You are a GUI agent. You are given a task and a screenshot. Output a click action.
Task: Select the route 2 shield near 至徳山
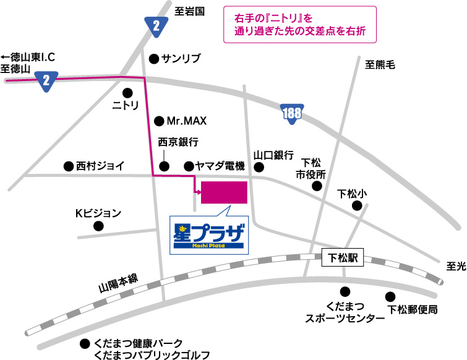[x=46, y=80]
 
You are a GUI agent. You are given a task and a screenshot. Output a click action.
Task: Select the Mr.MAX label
[x=186, y=121]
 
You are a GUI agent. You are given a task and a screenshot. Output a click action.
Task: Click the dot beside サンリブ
[x=153, y=59]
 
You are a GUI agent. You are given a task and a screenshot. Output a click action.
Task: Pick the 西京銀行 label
[x=178, y=142]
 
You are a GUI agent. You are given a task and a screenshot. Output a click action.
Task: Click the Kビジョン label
[x=98, y=213]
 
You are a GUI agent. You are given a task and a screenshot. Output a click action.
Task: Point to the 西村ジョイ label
[x=100, y=166]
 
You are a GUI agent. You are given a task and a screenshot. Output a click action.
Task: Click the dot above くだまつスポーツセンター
[x=345, y=291]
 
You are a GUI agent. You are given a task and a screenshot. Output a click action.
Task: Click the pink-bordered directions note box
[x=299, y=24]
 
